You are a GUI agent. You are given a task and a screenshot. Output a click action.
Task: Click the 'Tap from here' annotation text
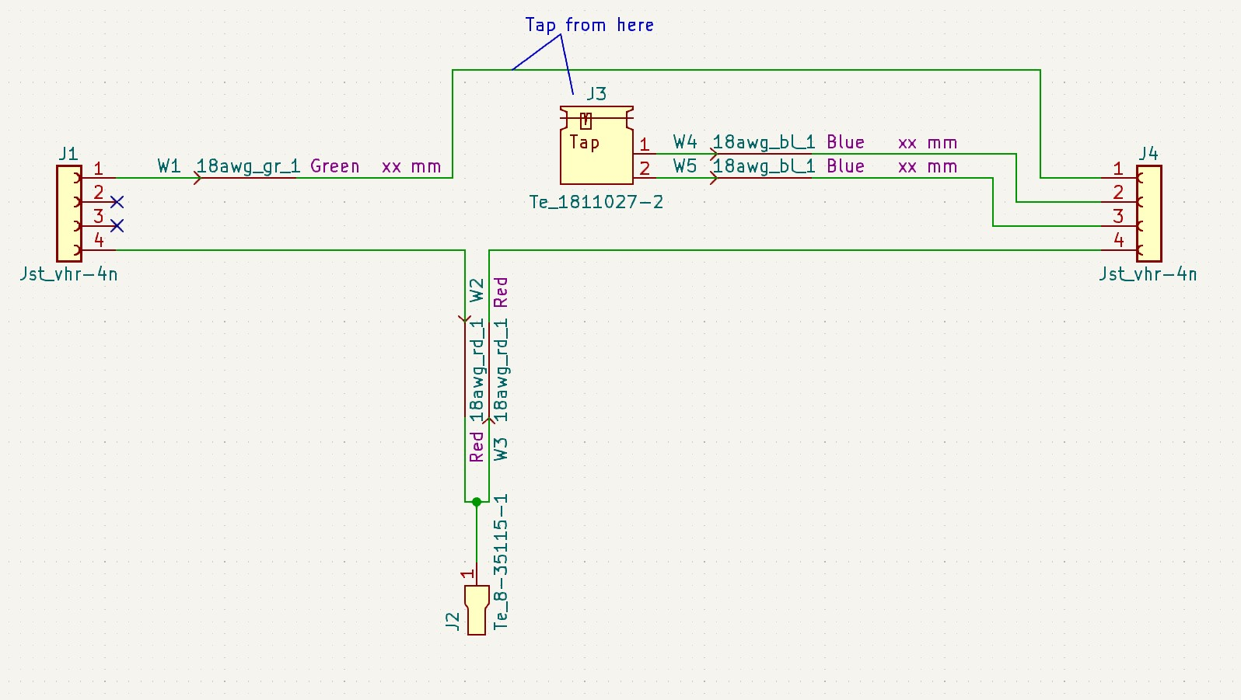(x=589, y=25)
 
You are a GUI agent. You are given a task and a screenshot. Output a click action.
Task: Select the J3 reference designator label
(x=596, y=94)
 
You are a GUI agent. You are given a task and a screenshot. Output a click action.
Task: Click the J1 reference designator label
(x=68, y=153)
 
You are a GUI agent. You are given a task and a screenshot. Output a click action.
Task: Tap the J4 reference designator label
(x=1148, y=153)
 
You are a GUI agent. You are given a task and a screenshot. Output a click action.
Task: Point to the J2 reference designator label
(x=453, y=620)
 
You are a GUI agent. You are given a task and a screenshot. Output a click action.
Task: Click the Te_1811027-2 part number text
(x=596, y=202)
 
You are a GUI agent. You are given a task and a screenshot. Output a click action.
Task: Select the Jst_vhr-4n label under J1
(x=68, y=273)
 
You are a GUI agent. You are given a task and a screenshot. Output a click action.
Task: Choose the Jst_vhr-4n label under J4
(x=1148, y=273)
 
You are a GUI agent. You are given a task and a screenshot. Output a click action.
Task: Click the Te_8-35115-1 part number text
(x=501, y=561)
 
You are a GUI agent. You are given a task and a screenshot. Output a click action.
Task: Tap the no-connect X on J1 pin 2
(x=117, y=202)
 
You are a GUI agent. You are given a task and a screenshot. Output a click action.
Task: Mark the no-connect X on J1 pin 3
(x=117, y=226)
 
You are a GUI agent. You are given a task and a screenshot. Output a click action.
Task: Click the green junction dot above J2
(x=477, y=502)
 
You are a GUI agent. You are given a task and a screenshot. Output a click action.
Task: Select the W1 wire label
(x=169, y=166)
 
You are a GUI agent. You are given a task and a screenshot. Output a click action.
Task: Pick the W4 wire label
(x=685, y=142)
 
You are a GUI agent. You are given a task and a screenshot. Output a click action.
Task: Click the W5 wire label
(x=685, y=166)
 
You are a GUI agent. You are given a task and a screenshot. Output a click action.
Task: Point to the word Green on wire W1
(x=334, y=166)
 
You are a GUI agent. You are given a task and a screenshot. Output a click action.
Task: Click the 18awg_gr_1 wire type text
(x=248, y=166)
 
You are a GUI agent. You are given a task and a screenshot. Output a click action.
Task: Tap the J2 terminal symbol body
(x=477, y=610)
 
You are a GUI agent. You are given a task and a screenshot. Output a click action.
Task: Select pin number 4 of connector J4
(x=1118, y=240)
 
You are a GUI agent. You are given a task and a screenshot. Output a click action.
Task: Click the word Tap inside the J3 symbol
(x=584, y=142)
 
